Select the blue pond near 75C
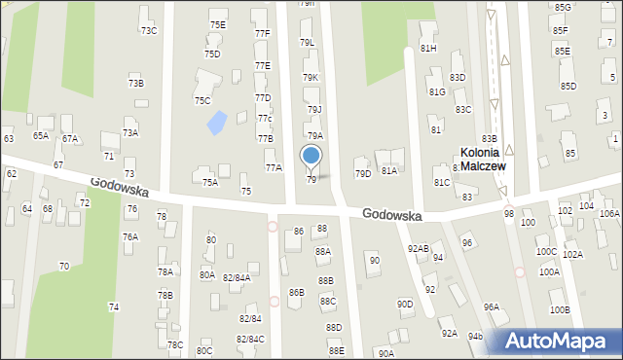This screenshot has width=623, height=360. pos(216,123)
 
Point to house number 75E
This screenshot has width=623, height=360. pos(218,24)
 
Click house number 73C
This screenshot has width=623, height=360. pos(149,30)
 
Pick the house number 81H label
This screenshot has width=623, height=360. pos(428,48)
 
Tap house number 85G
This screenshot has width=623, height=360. pos(563,7)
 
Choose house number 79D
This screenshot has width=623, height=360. pos(363,174)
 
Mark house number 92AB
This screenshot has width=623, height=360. pos(419,249)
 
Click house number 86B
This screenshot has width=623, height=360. pos(297,292)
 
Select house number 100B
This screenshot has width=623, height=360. pos(560,309)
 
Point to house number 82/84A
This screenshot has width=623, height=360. pos(237,277)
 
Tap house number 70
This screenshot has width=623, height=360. pos(64,266)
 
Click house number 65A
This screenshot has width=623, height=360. pos(41,136)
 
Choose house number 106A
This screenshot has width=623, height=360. pos(609,213)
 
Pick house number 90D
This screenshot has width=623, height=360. pos(405,304)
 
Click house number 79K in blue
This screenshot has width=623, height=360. pos(311,77)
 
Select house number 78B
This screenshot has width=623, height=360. pos(165,295)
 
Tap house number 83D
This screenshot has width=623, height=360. pos(458,77)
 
